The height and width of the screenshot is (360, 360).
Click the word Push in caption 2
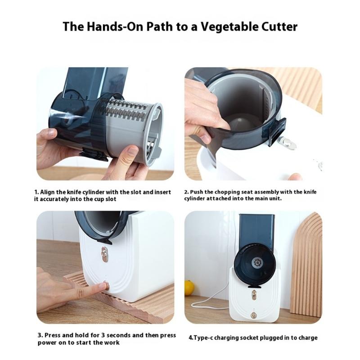pyautogui.click(x=201, y=192)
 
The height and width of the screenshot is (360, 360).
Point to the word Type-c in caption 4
pyautogui.click(x=203, y=337)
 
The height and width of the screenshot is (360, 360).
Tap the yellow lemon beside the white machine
pyautogui.click(x=189, y=288)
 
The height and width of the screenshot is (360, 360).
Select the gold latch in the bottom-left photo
pyautogui.click(x=105, y=256)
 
